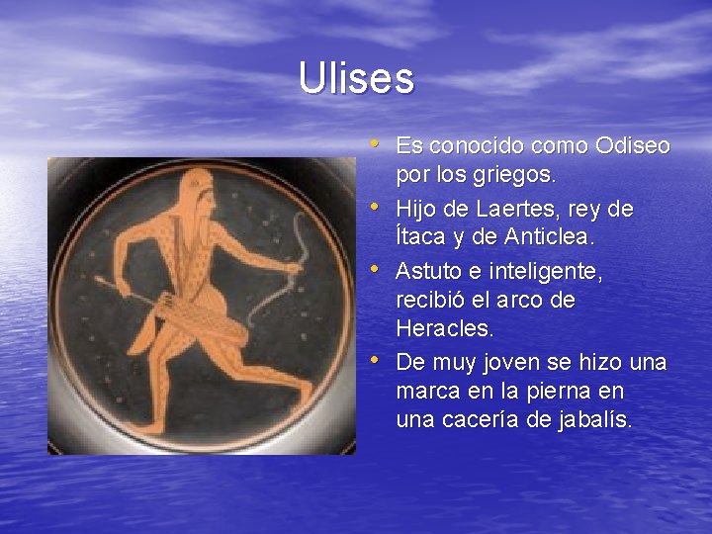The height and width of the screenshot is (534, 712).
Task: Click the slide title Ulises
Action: (356, 79)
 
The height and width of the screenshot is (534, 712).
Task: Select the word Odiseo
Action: (633, 146)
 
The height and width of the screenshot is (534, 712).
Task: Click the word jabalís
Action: (592, 419)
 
